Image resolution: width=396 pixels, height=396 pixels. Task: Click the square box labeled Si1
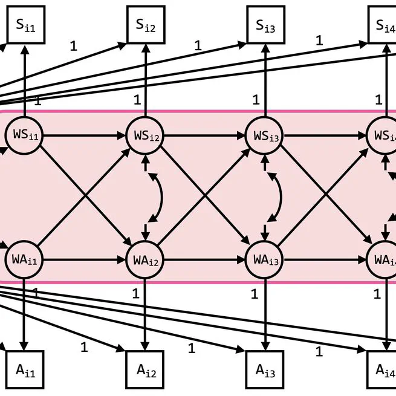(x=25, y=25)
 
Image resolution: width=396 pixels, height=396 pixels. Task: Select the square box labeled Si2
(x=145, y=25)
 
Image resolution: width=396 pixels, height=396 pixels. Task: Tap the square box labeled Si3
(x=265, y=25)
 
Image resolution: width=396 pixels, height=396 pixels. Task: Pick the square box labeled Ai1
(x=25, y=371)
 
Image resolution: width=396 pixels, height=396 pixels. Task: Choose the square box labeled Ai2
(x=145, y=371)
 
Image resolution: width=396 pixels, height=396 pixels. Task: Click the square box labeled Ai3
(x=265, y=371)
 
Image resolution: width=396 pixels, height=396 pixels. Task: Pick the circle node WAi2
(x=145, y=261)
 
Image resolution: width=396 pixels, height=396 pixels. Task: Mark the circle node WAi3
(x=265, y=261)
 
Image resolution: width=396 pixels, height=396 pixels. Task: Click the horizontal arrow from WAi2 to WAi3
(x=205, y=261)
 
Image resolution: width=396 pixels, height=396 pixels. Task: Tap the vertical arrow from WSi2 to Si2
(x=145, y=79)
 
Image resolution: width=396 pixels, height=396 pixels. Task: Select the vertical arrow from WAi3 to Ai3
(x=265, y=314)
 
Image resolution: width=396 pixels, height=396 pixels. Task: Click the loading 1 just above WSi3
(x=256, y=100)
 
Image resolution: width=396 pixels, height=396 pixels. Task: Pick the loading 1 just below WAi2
(x=135, y=294)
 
